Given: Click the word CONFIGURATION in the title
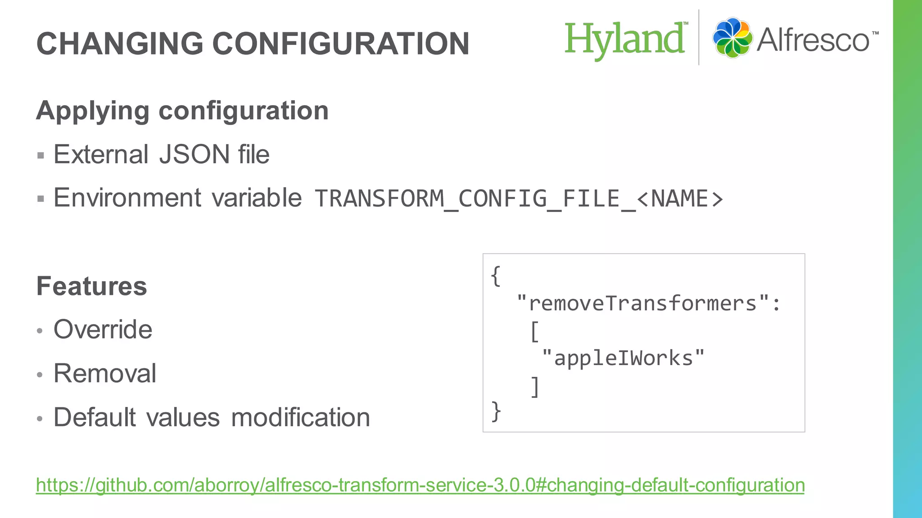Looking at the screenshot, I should [x=341, y=44].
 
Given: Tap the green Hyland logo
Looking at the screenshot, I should [x=625, y=40].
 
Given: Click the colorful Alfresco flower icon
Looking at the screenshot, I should [x=732, y=38].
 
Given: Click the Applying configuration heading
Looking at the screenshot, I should [x=182, y=111].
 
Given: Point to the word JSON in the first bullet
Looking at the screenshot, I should [x=194, y=155].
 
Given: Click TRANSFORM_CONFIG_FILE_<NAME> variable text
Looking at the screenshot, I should [x=519, y=199].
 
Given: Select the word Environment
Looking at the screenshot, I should [x=127, y=198].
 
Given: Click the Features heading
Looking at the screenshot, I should [x=92, y=286].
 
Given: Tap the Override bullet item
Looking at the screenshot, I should [x=103, y=330].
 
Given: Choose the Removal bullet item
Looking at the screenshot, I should [x=105, y=373].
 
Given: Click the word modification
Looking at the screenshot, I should [x=300, y=417].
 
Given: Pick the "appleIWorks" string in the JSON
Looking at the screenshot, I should [x=623, y=358].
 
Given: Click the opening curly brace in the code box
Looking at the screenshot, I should [x=496, y=276].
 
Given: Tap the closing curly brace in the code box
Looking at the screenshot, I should [x=496, y=411].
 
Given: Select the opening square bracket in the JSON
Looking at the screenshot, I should [x=534, y=331].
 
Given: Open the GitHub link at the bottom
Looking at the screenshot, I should [x=420, y=485].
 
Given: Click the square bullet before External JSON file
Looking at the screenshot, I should [x=41, y=156].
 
